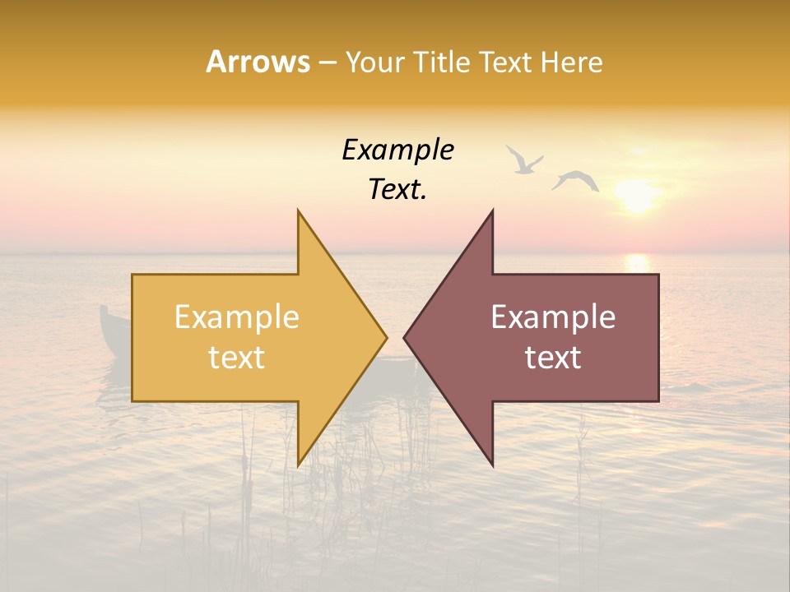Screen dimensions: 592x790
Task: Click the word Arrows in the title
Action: (x=258, y=62)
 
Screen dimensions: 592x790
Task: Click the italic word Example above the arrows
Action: (x=397, y=150)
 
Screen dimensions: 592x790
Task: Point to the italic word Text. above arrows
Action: (x=397, y=190)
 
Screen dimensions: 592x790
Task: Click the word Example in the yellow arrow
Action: (x=237, y=317)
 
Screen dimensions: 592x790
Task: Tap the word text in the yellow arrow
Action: (x=237, y=358)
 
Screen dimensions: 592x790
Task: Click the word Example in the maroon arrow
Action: (x=553, y=317)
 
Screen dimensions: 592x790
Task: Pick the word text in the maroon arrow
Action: (x=553, y=358)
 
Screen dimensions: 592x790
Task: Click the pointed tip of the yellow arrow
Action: (x=387, y=337)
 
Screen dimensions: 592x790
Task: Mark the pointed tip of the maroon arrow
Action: (x=404, y=337)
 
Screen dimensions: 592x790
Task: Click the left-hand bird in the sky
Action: (x=523, y=160)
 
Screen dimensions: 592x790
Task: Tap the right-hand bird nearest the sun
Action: (x=575, y=180)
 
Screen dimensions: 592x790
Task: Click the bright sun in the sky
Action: (x=638, y=197)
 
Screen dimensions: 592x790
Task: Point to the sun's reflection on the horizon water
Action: (x=637, y=263)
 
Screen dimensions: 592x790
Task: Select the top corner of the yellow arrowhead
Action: (x=299, y=210)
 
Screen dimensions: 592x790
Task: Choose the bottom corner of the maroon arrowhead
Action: (x=492, y=465)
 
